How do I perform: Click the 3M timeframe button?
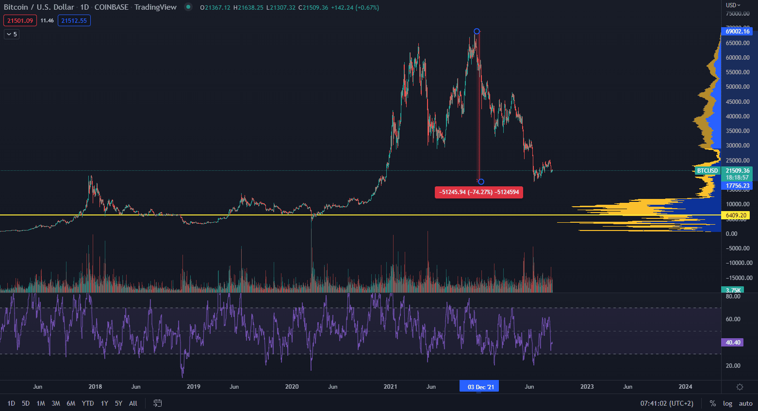(56, 403)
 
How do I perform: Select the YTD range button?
(88, 403)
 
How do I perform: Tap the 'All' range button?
(133, 403)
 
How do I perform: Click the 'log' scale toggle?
(727, 403)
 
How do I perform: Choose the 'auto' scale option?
(745, 403)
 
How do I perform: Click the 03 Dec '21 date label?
(480, 387)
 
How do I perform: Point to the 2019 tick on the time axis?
(194, 387)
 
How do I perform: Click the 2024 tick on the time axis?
(685, 387)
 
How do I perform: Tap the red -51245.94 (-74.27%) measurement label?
(479, 192)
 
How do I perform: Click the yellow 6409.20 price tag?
(736, 215)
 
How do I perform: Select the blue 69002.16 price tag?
(738, 32)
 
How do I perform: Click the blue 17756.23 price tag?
(738, 186)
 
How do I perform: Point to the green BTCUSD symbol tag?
(707, 171)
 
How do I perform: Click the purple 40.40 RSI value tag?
(733, 343)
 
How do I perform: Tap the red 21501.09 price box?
(20, 21)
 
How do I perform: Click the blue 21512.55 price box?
(74, 21)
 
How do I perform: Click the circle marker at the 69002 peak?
(477, 32)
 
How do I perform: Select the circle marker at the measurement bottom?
(481, 182)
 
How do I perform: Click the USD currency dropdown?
(733, 5)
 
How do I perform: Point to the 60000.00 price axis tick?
(738, 58)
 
